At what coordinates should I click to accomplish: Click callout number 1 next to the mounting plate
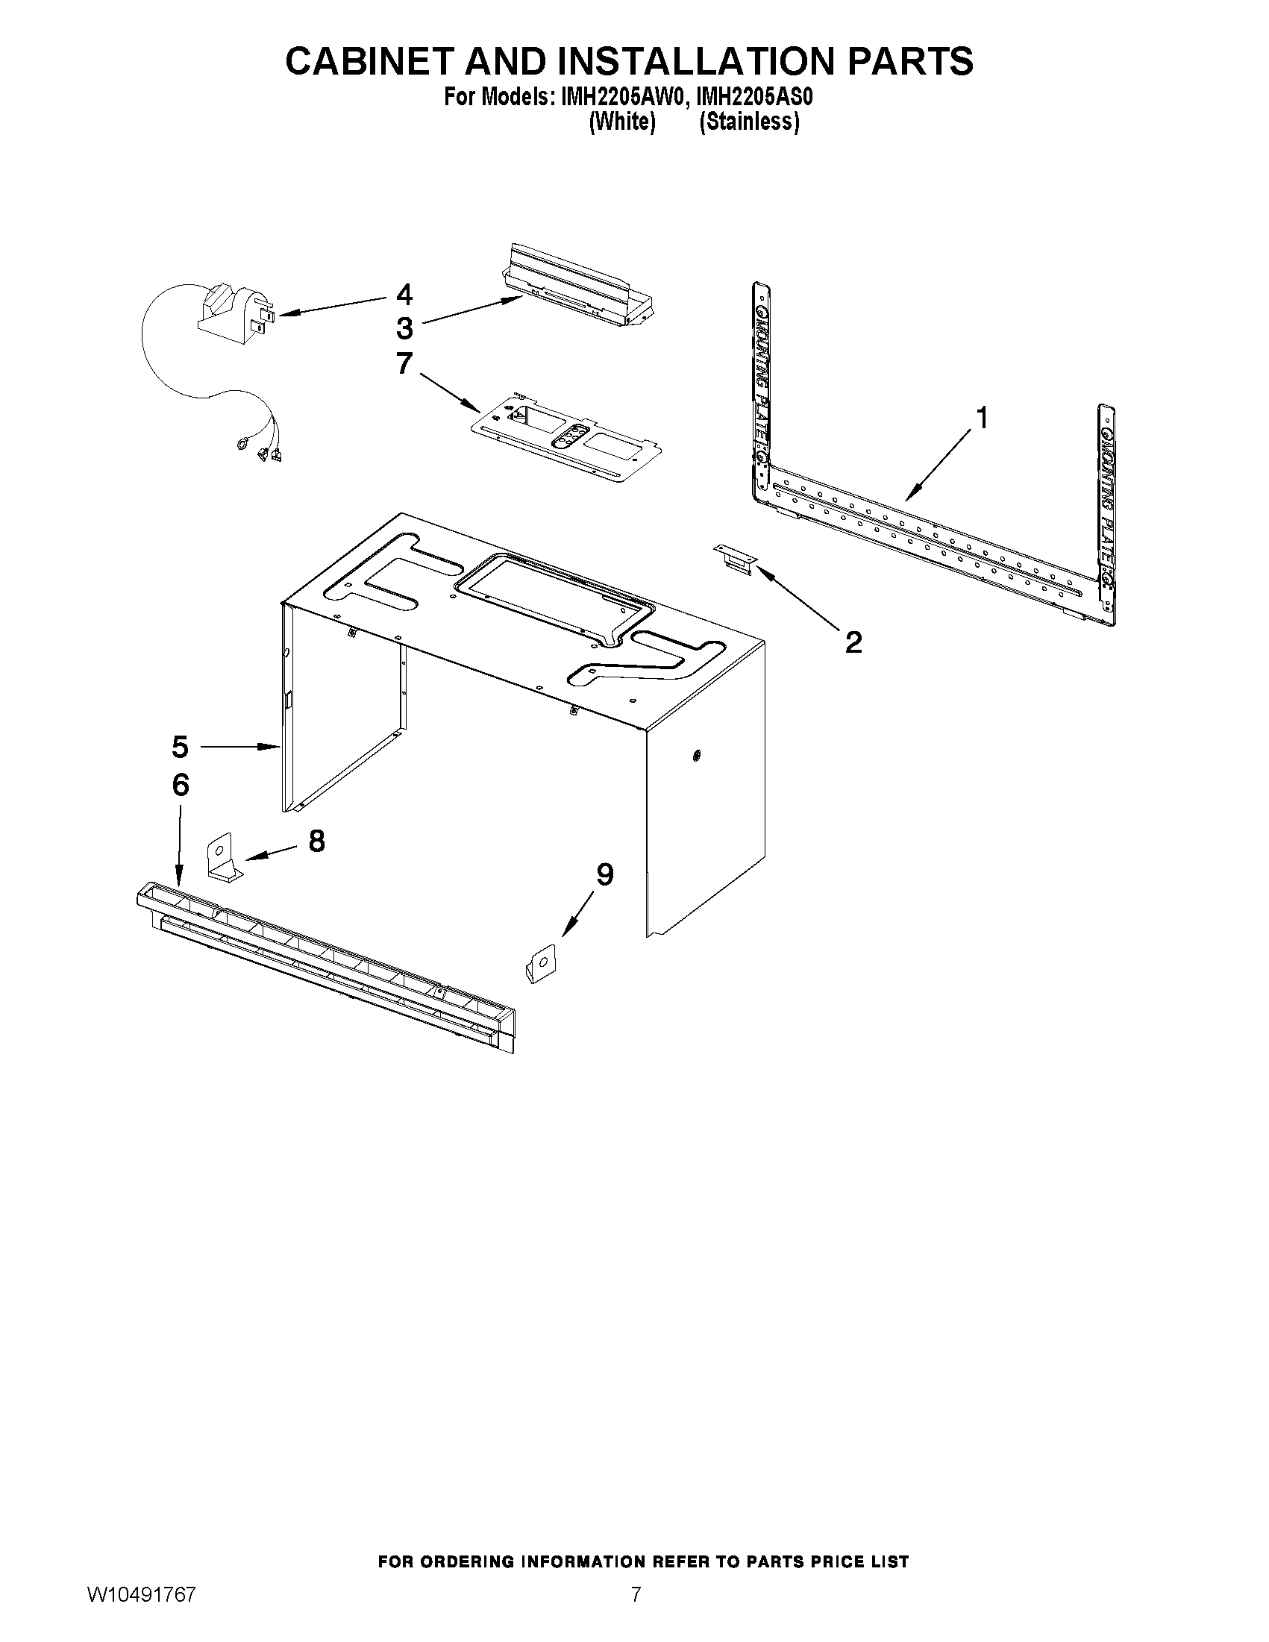tap(980, 417)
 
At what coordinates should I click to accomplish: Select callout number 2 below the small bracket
tap(853, 642)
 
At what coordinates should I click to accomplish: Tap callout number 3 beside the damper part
tap(404, 328)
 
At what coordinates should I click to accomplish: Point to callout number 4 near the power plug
tap(404, 295)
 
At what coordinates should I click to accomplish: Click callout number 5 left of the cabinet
tap(180, 747)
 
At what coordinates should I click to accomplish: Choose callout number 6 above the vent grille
tap(181, 785)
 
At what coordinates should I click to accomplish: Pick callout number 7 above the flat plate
tap(404, 363)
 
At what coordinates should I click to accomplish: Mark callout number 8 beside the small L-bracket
tap(316, 841)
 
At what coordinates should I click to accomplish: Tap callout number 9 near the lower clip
tap(604, 874)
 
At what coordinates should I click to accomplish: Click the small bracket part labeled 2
tap(735, 560)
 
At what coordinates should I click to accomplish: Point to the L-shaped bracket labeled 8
tap(224, 859)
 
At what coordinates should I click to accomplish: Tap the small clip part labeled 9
tap(541, 963)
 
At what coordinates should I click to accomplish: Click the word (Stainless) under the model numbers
tap(749, 122)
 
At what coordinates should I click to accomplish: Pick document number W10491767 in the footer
tap(141, 1613)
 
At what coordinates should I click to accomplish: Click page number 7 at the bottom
tap(636, 1613)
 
